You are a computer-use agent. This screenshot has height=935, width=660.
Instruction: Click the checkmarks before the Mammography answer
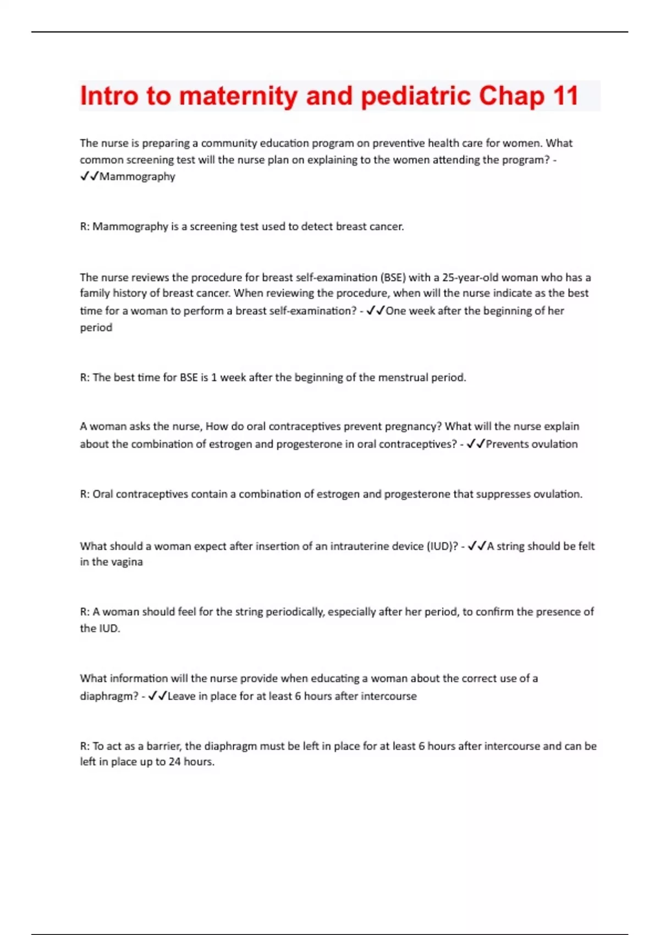(89, 177)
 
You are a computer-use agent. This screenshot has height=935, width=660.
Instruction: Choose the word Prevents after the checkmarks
(508, 444)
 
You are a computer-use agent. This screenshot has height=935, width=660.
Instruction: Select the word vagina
(127, 562)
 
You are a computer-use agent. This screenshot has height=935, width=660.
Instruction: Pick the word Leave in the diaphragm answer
(181, 696)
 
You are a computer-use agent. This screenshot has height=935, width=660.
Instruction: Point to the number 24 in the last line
(174, 762)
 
